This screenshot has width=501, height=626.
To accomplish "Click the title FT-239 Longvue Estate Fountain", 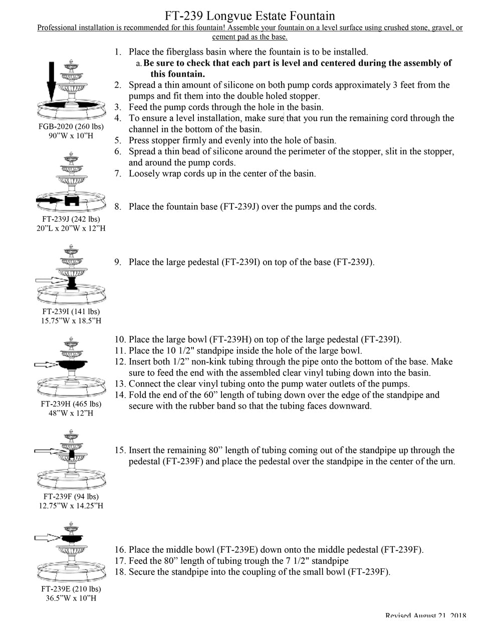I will click(250, 16).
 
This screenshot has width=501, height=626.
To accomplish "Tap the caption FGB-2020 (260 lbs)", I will click(71, 127).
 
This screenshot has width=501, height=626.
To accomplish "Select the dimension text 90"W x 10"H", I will click(71, 136).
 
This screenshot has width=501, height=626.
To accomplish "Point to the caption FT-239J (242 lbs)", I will click(71, 219).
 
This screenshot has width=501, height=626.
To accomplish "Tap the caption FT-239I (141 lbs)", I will click(71, 311).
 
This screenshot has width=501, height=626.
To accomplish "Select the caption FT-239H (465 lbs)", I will click(71, 404).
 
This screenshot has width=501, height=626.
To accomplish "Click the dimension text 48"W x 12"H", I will click(71, 413).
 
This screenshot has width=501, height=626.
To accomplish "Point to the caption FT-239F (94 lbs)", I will click(71, 496).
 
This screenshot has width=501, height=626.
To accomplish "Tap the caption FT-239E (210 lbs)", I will click(71, 589).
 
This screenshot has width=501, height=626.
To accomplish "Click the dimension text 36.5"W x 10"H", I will click(71, 598).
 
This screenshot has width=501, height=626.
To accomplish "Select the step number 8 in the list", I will click(118, 207).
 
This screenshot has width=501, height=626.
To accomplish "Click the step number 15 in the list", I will click(120, 450).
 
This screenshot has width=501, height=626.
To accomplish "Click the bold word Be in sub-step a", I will click(149, 63).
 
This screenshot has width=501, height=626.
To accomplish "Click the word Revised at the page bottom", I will click(398, 616).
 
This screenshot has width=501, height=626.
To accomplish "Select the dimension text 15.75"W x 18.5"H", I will click(71, 321).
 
